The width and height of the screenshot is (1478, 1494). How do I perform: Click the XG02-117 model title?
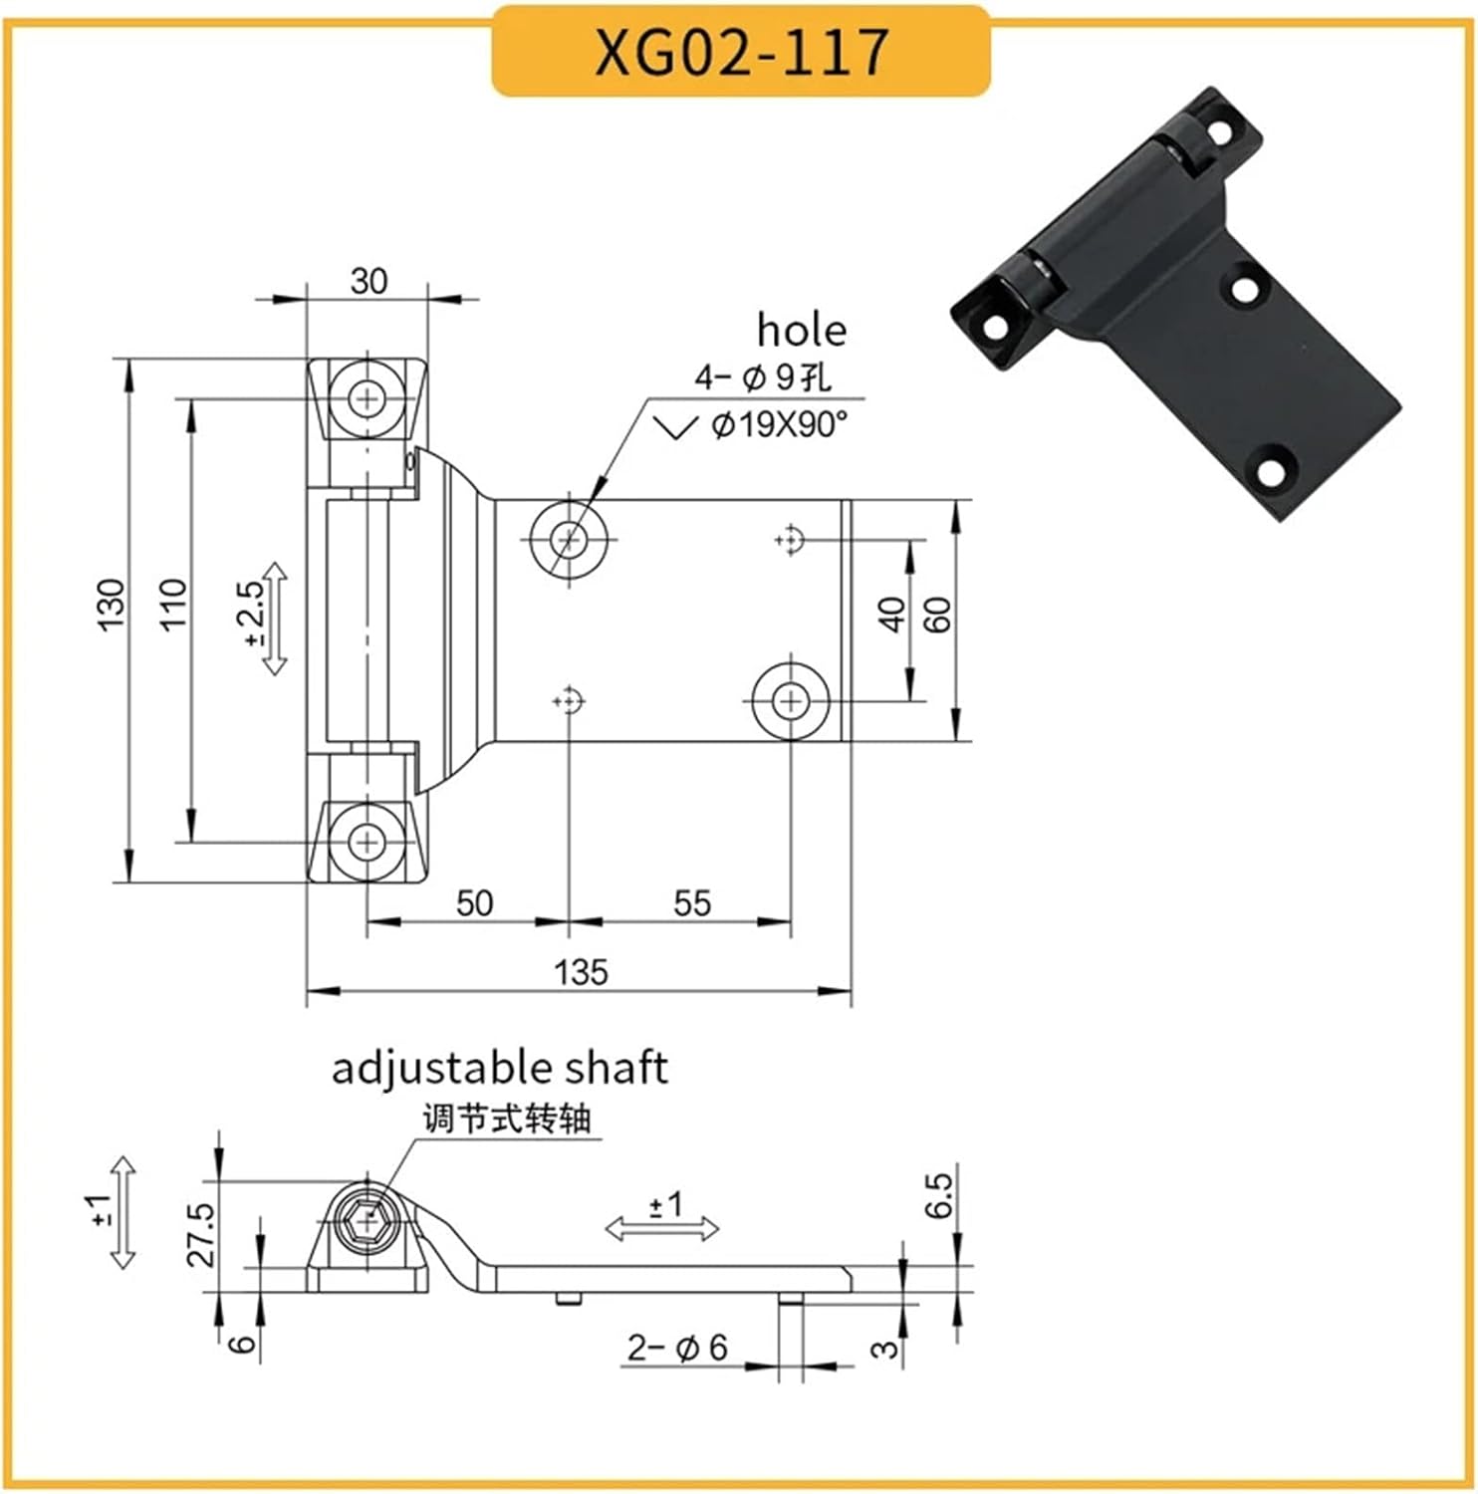tap(741, 52)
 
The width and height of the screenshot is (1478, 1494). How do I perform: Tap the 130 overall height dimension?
tap(112, 603)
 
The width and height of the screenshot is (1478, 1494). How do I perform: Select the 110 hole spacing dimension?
tap(172, 603)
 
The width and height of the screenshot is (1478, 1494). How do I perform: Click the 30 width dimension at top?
tap(368, 281)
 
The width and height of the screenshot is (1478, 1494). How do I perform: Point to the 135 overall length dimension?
tap(581, 971)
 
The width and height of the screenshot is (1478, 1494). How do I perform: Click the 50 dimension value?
tap(474, 903)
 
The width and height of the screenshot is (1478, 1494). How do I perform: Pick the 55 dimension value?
tap(692, 903)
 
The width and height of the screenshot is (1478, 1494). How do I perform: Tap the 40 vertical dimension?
tap(892, 615)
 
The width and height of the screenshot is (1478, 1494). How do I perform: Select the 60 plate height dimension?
tap(937, 615)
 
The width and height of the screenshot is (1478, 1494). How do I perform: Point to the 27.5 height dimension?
tap(201, 1234)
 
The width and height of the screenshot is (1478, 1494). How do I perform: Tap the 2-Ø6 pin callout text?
tap(677, 1348)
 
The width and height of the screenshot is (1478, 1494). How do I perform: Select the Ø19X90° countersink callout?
tap(779, 425)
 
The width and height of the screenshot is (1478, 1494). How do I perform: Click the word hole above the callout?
tap(801, 330)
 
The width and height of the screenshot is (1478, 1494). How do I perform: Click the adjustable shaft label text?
tap(499, 1068)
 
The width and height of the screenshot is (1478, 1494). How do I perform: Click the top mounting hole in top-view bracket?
tap(369, 400)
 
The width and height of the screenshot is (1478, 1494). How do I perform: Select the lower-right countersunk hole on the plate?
tap(791, 701)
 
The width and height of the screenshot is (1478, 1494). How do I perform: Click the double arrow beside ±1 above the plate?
tap(662, 1229)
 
